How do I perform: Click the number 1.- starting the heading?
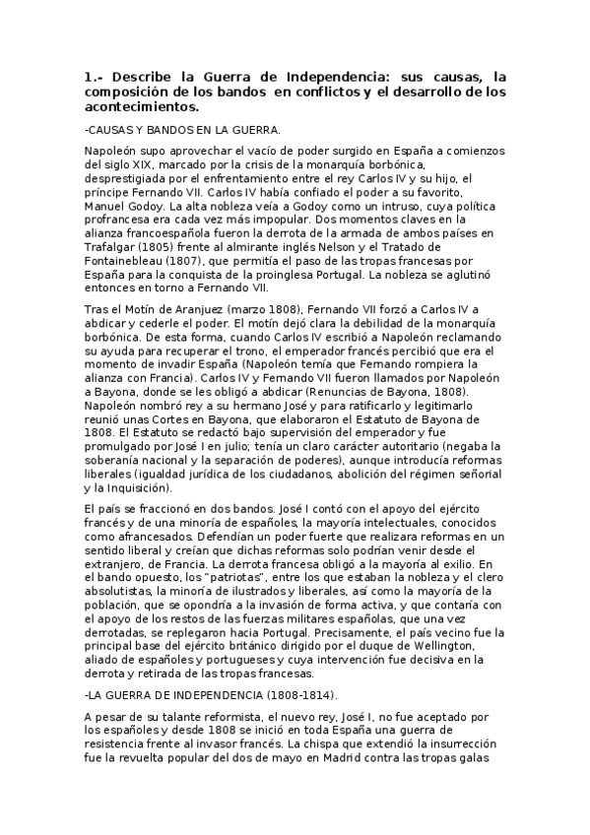[95, 76]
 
